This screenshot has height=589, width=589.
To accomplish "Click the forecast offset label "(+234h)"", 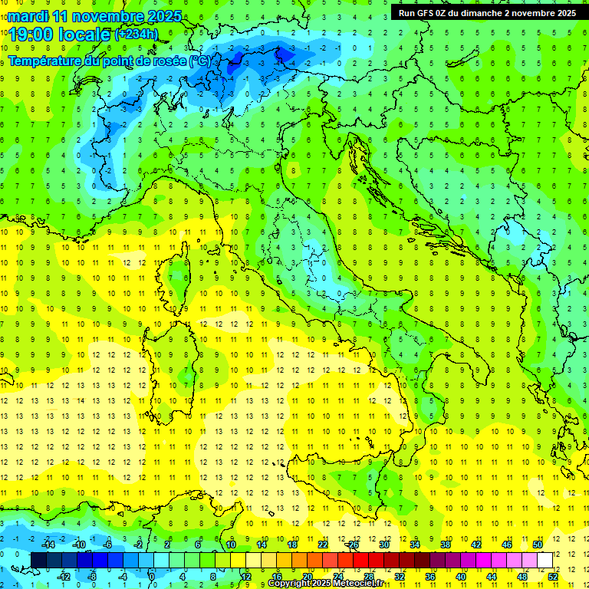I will point(137,35).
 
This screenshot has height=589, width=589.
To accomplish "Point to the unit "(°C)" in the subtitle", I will point(199,61).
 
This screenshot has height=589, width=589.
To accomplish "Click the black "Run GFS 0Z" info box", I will point(487,12).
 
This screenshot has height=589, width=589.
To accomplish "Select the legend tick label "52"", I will point(553,576).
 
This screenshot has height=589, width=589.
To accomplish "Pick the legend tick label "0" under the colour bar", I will point(151,576).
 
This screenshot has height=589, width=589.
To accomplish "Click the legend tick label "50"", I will point(538,545).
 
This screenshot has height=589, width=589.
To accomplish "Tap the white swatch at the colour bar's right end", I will point(545,560).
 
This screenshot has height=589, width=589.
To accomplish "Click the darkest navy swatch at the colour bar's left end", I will point(39,560).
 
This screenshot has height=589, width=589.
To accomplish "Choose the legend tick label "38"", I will point(446,545).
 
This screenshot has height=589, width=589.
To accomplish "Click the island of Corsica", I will point(178,276).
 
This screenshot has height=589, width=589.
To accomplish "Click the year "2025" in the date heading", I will point(163,16).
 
